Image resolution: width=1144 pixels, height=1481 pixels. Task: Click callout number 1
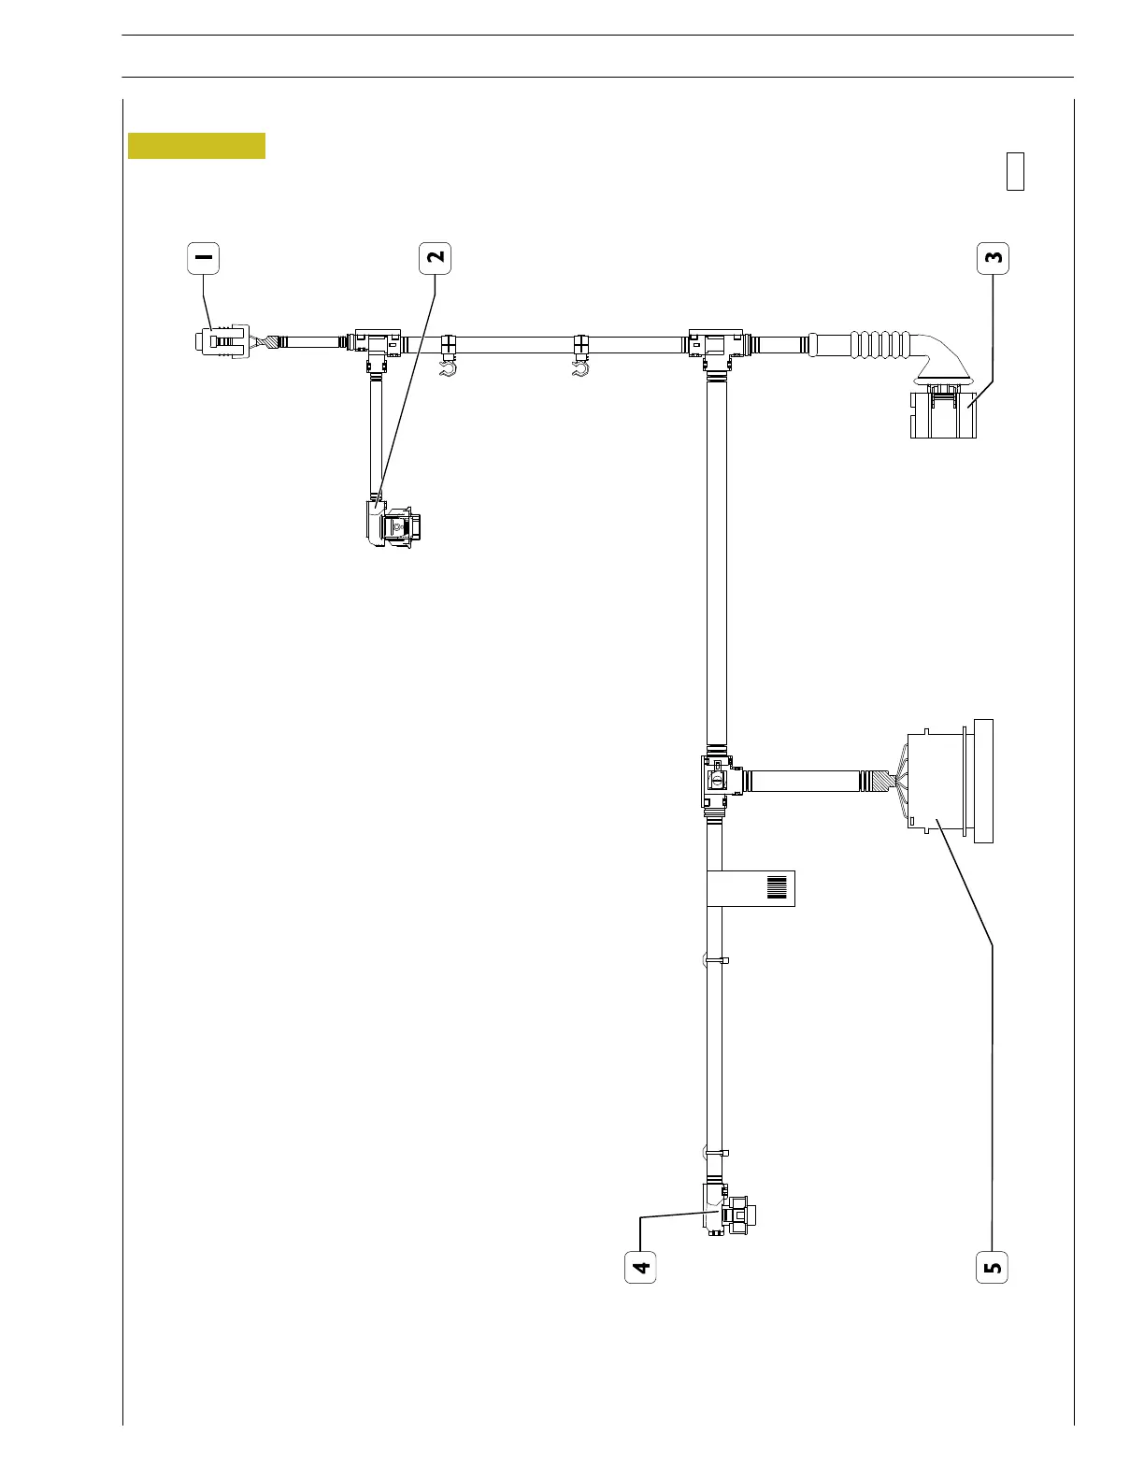pyautogui.click(x=204, y=258)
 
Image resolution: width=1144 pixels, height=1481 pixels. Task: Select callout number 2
pyautogui.click(x=436, y=258)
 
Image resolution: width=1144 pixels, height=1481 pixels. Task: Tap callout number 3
pyautogui.click(x=993, y=258)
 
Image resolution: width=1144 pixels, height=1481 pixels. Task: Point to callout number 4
pyautogui.click(x=640, y=1267)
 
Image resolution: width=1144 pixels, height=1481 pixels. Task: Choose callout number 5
pyautogui.click(x=993, y=1267)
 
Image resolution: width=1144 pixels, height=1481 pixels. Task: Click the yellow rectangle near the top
pyautogui.click(x=196, y=146)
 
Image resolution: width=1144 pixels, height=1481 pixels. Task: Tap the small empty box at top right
pyautogui.click(x=1015, y=171)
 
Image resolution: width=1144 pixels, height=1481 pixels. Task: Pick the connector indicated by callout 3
pyautogui.click(x=942, y=413)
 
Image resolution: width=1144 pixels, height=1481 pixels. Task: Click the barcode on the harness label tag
pyautogui.click(x=778, y=887)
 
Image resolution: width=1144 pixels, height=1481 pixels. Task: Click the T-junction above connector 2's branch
pyautogui.click(x=378, y=345)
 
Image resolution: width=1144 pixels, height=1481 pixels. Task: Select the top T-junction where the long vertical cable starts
pyautogui.click(x=715, y=345)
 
